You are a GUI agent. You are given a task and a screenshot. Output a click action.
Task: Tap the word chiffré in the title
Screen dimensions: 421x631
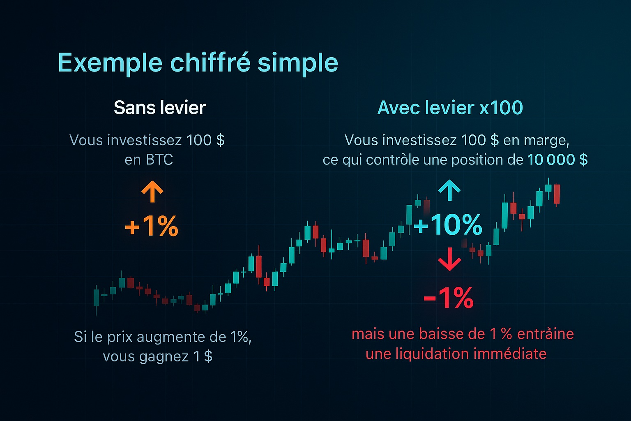tap(210, 63)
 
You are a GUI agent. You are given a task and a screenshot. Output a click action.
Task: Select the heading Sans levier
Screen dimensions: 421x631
tap(159, 108)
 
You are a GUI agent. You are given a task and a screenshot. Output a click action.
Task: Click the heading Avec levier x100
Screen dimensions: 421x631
tap(450, 108)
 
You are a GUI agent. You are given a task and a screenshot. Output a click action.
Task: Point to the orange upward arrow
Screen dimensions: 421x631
tap(152, 192)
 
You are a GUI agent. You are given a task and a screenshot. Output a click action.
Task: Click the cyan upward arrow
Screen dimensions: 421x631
tap(449, 190)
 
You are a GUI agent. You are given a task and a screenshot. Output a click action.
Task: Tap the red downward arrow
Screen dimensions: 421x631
tap(449, 259)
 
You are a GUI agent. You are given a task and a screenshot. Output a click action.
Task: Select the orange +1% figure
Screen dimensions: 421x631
tap(152, 226)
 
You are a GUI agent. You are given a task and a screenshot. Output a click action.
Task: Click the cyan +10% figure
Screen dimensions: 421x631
tap(448, 225)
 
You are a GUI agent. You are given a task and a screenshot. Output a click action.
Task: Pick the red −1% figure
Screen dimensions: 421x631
tap(448, 298)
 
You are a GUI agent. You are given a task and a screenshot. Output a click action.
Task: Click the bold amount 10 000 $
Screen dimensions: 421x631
tap(557, 160)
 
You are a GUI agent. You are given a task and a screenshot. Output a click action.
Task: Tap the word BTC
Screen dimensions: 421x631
tap(159, 160)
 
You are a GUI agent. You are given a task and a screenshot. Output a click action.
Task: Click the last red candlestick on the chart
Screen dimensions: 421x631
tap(557, 194)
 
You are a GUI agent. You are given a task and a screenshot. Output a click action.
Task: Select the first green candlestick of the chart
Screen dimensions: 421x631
tap(97, 298)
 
